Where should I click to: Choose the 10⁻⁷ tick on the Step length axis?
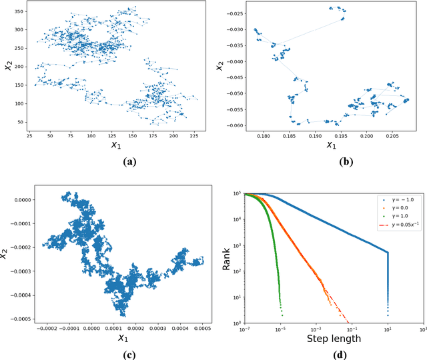click(245, 330)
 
